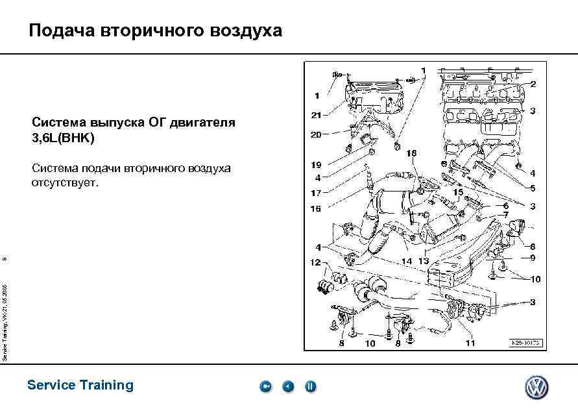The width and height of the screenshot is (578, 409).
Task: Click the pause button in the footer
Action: coord(311,387)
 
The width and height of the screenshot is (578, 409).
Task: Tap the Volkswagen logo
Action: coord(536,388)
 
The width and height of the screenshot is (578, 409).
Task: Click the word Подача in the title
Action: coord(61,31)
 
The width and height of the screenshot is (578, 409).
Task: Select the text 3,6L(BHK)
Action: coord(64,138)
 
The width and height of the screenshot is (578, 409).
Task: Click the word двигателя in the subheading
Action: coord(203,122)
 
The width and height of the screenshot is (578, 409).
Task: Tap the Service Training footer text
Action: coord(80,385)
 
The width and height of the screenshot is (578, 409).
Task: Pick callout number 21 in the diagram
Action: coord(316,116)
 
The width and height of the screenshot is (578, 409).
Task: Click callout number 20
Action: coord(316,135)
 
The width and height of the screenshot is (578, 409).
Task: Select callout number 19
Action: coord(316,166)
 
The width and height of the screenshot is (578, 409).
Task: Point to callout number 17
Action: coord(316,193)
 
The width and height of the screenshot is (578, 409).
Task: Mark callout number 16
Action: coord(316,209)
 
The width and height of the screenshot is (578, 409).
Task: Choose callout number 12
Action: coord(316,262)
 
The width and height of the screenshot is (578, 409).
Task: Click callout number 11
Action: coord(470,343)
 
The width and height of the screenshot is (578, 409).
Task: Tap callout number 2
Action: coord(533,84)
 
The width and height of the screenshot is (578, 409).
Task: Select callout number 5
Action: coord(533,188)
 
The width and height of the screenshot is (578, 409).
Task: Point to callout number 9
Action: coord(533,258)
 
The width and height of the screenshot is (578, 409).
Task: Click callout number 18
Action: coord(412,153)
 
